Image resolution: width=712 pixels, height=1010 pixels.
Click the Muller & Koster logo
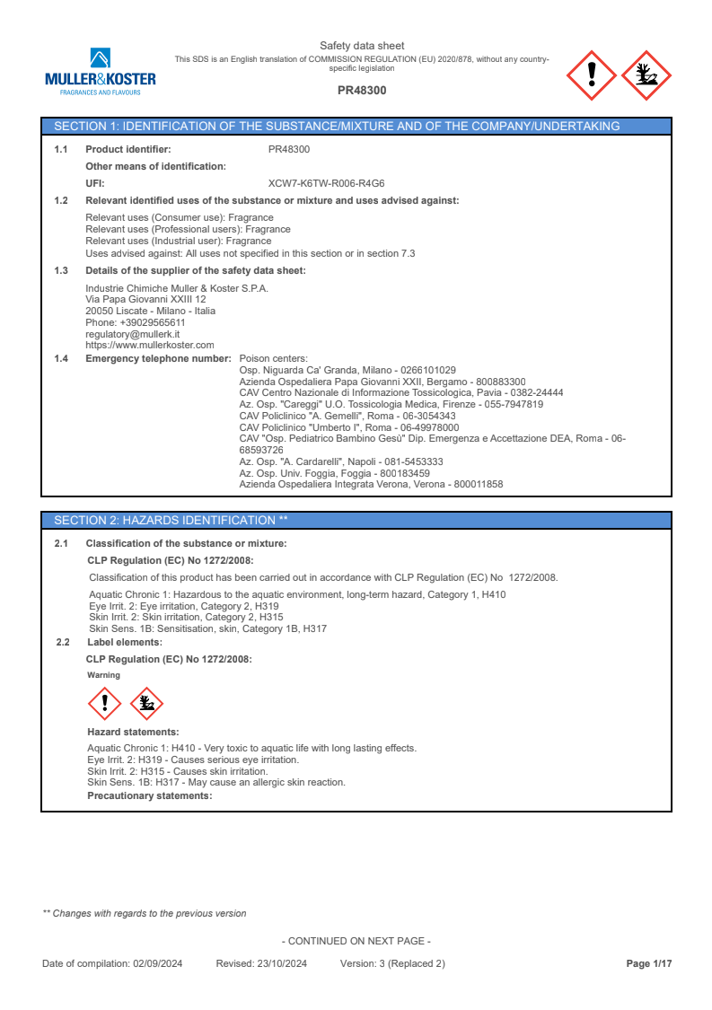tap(101, 71)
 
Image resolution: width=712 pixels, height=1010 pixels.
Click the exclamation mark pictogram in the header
tap(591, 75)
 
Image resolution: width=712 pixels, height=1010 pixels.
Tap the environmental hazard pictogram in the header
tap(646, 75)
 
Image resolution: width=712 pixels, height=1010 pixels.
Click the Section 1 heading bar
tap(356, 127)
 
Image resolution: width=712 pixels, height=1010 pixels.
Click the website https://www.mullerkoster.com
tap(149, 345)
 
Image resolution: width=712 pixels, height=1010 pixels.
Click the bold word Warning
tap(103, 674)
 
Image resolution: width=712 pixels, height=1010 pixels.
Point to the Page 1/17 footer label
tap(648, 964)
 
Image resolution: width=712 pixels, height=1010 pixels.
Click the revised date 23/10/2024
tap(280, 964)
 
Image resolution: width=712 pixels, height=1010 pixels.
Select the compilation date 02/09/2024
tap(158, 964)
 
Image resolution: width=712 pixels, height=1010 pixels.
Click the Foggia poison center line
tap(334, 473)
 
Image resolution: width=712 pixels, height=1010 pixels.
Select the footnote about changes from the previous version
tap(145, 914)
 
